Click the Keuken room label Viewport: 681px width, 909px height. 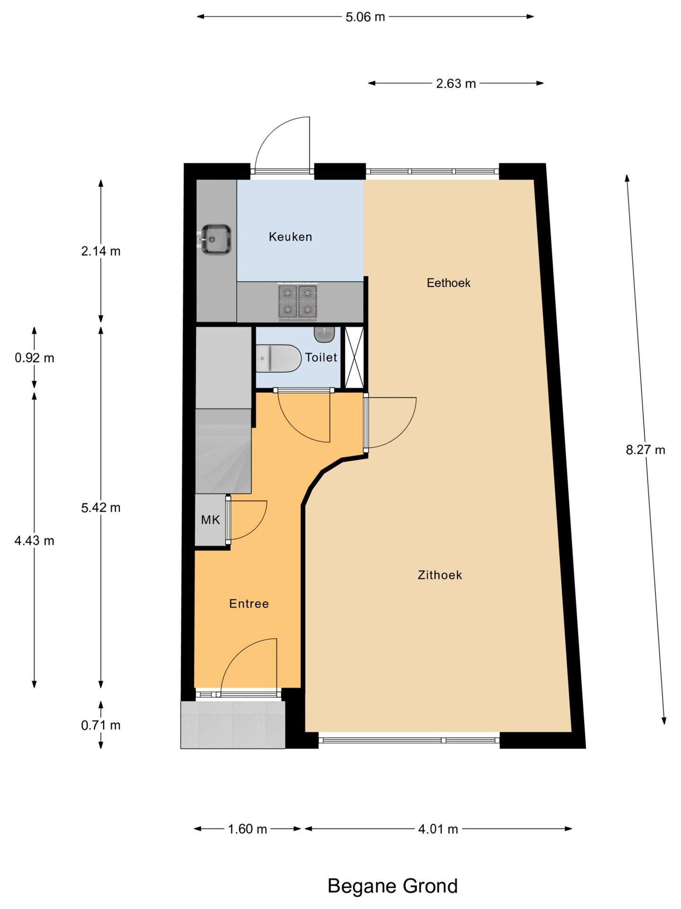click(x=290, y=237)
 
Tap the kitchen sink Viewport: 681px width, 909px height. click(x=215, y=240)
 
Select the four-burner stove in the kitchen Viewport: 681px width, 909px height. click(x=297, y=302)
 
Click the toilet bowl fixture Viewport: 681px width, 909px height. click(x=279, y=358)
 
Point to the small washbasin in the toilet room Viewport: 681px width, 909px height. click(x=324, y=334)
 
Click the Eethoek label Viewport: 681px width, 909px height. click(x=448, y=283)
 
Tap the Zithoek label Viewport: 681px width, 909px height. click(x=440, y=575)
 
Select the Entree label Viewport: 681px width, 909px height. click(x=249, y=604)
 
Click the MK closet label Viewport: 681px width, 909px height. click(x=210, y=520)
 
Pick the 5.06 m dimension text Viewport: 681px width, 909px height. click(x=365, y=17)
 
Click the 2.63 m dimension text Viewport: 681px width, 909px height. click(x=456, y=84)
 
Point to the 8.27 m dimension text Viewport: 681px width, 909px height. click(x=646, y=450)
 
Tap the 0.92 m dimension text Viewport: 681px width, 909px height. click(x=35, y=358)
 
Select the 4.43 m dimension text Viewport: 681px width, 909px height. click(x=35, y=541)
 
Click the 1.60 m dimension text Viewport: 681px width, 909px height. click(x=247, y=829)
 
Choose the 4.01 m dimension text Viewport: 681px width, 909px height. click(x=438, y=829)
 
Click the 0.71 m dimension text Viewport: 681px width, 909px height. click(x=101, y=725)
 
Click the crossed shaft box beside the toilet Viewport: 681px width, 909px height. click(x=354, y=357)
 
